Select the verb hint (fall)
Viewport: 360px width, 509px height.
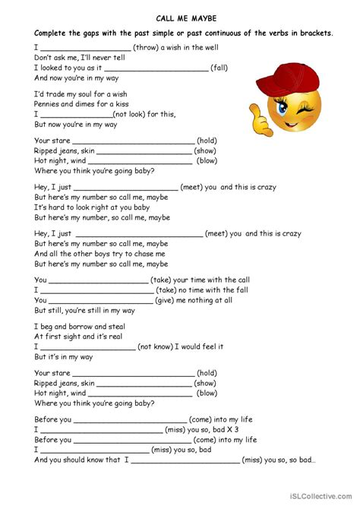tap(219, 68)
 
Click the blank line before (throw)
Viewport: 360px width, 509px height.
tap(86, 48)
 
